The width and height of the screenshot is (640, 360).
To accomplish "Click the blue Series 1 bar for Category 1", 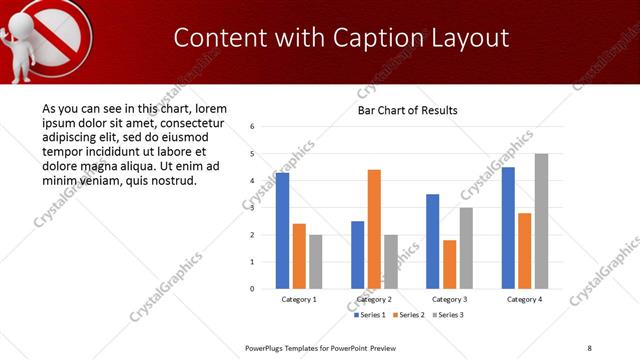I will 282,231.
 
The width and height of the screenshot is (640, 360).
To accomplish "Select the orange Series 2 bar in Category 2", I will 374,229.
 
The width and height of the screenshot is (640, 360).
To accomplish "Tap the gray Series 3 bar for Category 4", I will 541,221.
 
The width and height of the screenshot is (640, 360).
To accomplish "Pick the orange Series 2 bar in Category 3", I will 449,264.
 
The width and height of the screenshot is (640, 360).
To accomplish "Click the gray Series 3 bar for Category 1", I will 315,262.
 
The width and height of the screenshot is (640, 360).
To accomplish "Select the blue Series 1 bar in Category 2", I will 357,255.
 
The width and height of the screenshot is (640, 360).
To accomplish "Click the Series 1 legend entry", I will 370,315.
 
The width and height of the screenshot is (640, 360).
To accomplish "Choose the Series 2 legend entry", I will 409,315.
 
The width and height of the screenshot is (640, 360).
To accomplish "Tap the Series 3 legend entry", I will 448,315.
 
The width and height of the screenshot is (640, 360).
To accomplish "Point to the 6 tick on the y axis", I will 253,127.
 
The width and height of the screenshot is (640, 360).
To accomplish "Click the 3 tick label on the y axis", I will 253,208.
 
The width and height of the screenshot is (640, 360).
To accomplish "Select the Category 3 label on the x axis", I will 449,299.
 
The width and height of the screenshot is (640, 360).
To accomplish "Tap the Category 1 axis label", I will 299,299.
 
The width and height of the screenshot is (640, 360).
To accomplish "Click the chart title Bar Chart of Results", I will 407,110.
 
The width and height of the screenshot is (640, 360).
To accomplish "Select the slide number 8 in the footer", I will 589,348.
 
